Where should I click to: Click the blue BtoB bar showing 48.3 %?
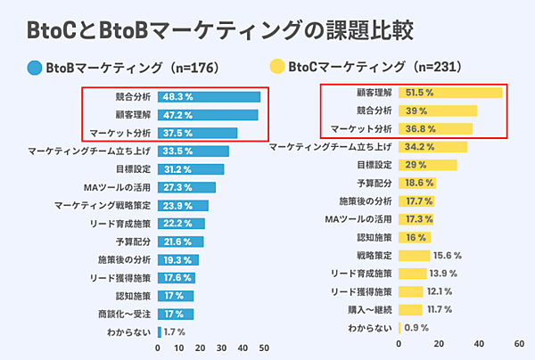pos(210,96)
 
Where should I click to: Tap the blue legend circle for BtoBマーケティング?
pos(35,66)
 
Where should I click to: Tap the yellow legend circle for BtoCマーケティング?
pos(277,66)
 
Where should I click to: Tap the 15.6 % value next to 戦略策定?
pos(446,256)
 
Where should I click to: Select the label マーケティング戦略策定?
pos(103,205)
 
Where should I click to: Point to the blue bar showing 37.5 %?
pos(198,133)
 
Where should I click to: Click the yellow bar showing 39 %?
pos(439,110)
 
